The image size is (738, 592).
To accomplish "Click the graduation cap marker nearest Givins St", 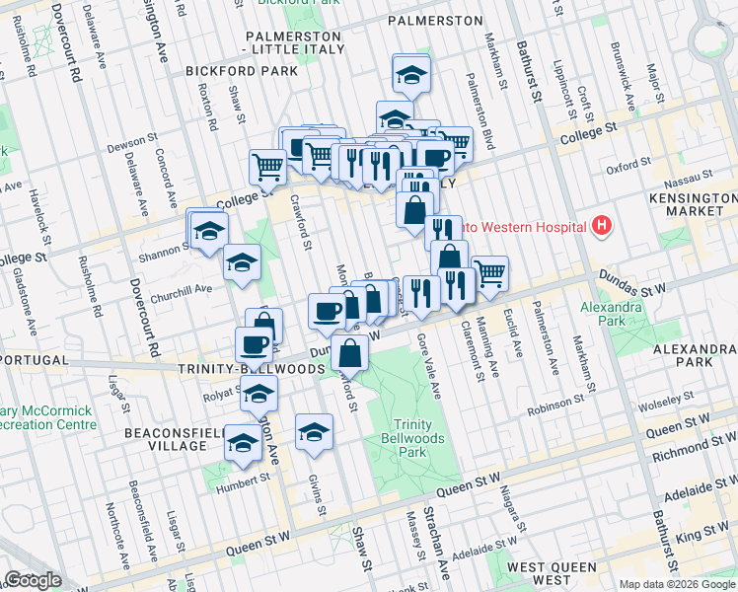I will click(315, 433).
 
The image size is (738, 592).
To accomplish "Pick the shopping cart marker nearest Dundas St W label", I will click(489, 273).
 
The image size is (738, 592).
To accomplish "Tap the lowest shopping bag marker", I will click(350, 352).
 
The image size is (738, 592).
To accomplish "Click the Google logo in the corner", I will click(33, 579).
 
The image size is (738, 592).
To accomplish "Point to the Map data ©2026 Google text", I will click(677, 584).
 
